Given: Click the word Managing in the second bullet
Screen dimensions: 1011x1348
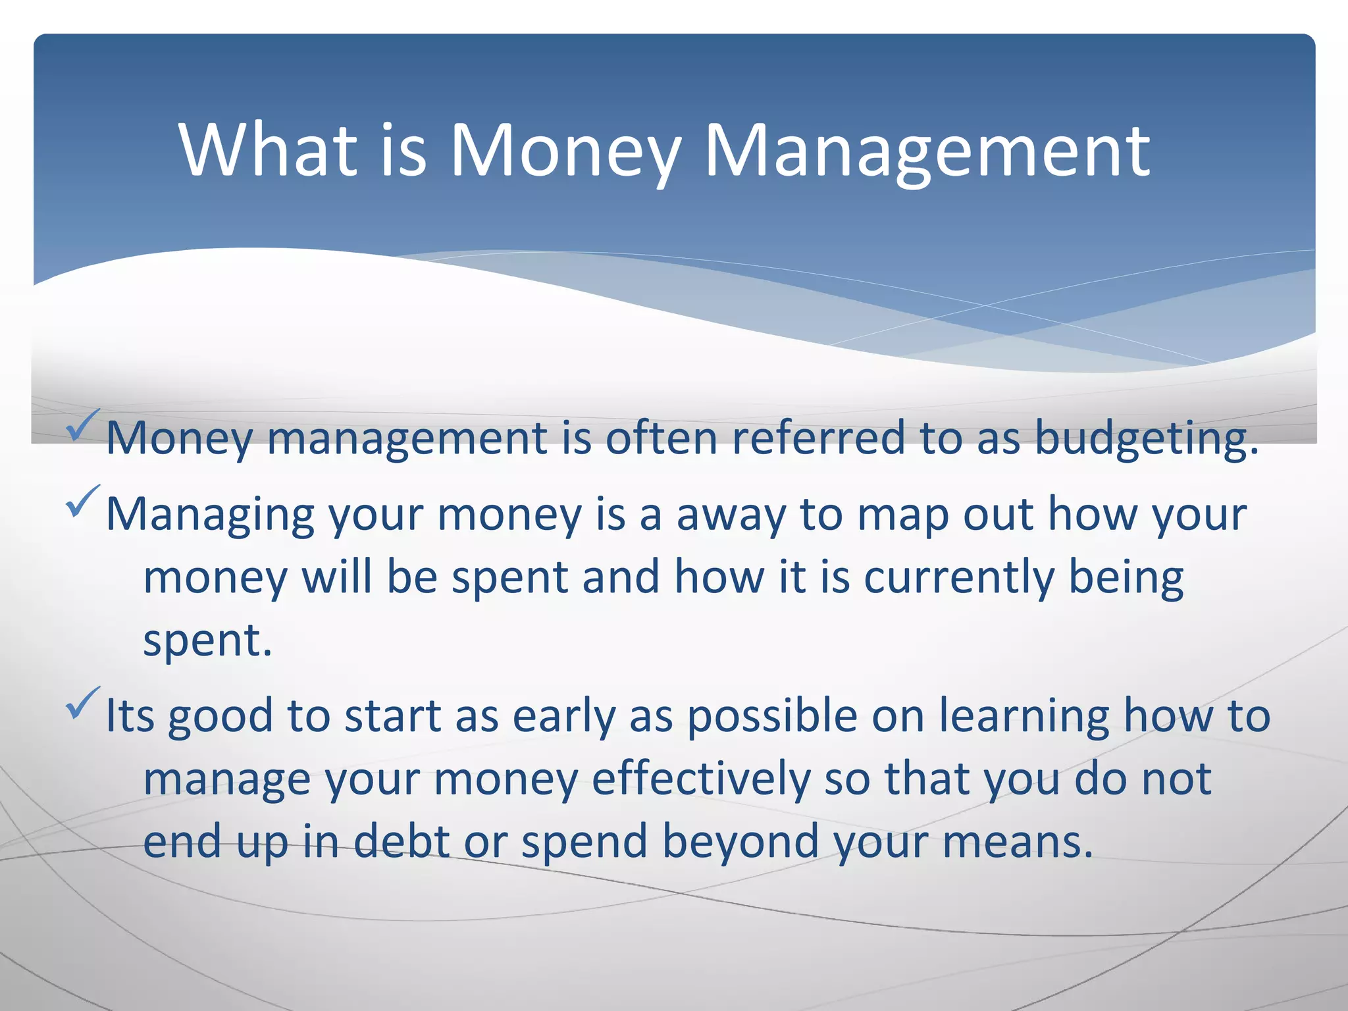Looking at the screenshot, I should (x=210, y=515).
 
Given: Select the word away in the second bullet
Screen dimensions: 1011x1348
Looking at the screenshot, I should (x=731, y=515).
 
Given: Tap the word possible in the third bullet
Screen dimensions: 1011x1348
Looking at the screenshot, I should (x=772, y=716).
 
